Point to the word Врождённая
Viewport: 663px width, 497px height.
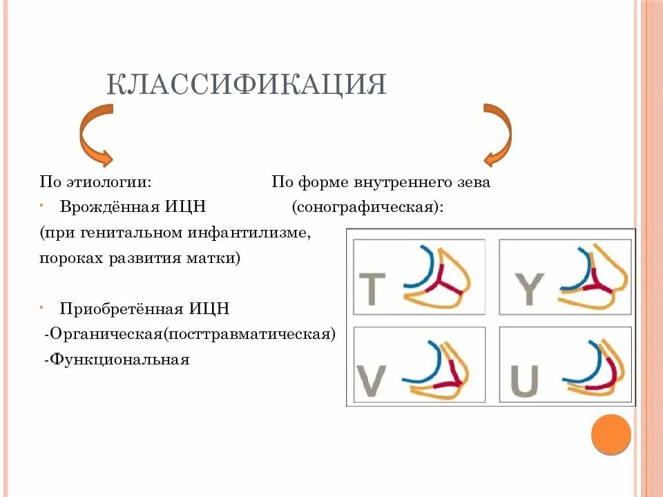[109, 207]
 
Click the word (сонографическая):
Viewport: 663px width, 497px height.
[367, 207]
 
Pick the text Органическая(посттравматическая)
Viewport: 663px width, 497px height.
[192, 334]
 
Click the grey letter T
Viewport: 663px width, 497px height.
[372, 289]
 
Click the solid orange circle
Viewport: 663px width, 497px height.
[611, 433]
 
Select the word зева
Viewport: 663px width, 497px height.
[476, 183]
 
